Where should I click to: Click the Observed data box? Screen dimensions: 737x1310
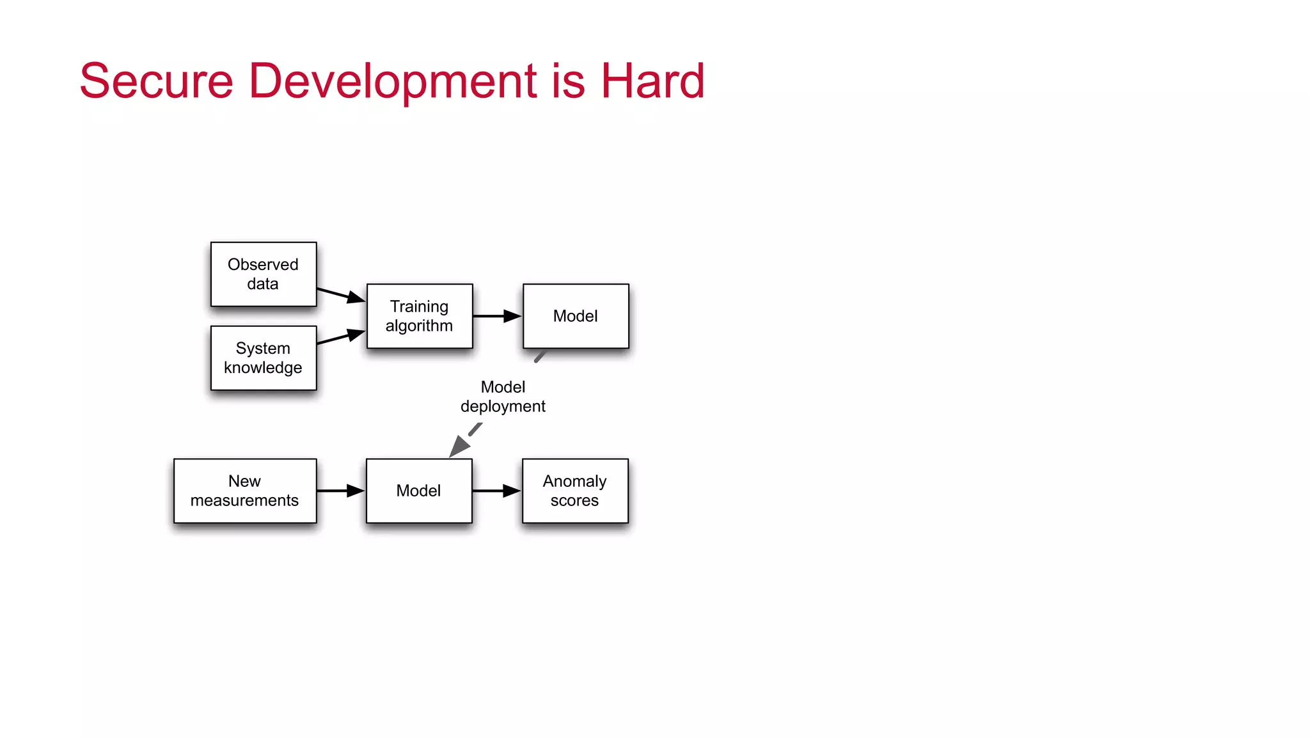point(263,274)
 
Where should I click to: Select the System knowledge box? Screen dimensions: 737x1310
point(263,358)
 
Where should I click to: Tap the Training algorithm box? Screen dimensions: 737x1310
point(420,316)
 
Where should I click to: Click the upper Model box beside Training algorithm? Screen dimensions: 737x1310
point(576,316)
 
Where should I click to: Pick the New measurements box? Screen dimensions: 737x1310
point(245,491)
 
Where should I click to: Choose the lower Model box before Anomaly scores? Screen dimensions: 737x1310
point(419,491)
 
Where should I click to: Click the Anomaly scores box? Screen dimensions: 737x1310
point(575,491)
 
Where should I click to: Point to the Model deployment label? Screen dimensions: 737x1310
point(503,397)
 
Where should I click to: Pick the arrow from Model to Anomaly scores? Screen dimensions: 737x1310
point(496,491)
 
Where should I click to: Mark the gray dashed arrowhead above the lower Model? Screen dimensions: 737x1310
point(459,447)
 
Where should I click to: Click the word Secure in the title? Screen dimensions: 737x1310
point(156,81)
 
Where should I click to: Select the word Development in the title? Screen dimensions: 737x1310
point(392,81)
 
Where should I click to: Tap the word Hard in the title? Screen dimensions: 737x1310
point(652,81)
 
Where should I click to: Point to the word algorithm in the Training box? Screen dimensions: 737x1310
point(419,326)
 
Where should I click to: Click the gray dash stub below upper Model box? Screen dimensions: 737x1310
point(541,356)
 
